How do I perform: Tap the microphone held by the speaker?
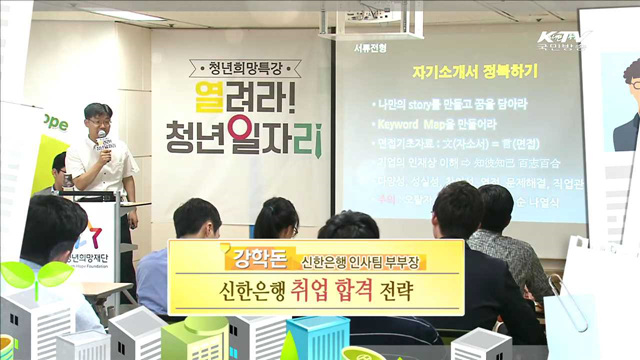[101, 139]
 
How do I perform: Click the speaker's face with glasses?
[96, 119]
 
